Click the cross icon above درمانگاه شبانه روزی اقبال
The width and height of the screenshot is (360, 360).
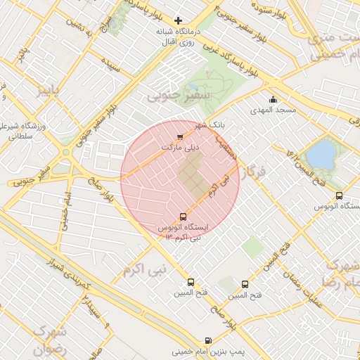179,20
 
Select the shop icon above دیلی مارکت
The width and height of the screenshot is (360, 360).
181,136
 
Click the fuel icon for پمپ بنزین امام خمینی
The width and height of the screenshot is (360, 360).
207,340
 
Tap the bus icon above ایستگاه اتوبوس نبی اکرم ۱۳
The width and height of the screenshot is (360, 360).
183,217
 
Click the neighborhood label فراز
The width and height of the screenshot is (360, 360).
254,172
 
